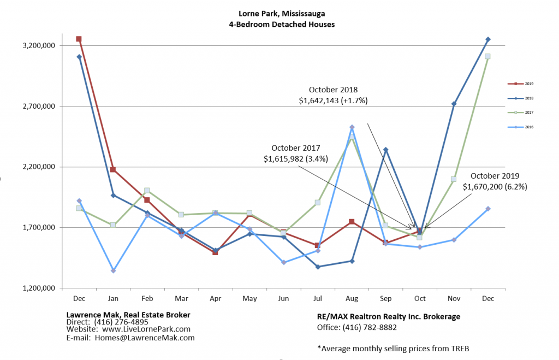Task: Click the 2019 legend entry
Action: (x=521, y=84)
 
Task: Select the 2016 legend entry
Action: (x=521, y=127)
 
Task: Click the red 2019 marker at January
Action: (x=113, y=170)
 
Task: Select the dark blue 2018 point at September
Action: (x=386, y=150)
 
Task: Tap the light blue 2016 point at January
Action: (x=113, y=271)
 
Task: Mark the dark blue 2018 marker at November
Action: (x=454, y=104)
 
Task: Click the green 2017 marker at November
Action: (x=454, y=179)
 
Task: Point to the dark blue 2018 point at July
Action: (x=318, y=267)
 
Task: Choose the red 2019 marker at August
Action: (x=352, y=222)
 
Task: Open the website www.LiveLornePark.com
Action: (x=146, y=329)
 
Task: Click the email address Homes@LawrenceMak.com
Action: (x=145, y=338)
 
